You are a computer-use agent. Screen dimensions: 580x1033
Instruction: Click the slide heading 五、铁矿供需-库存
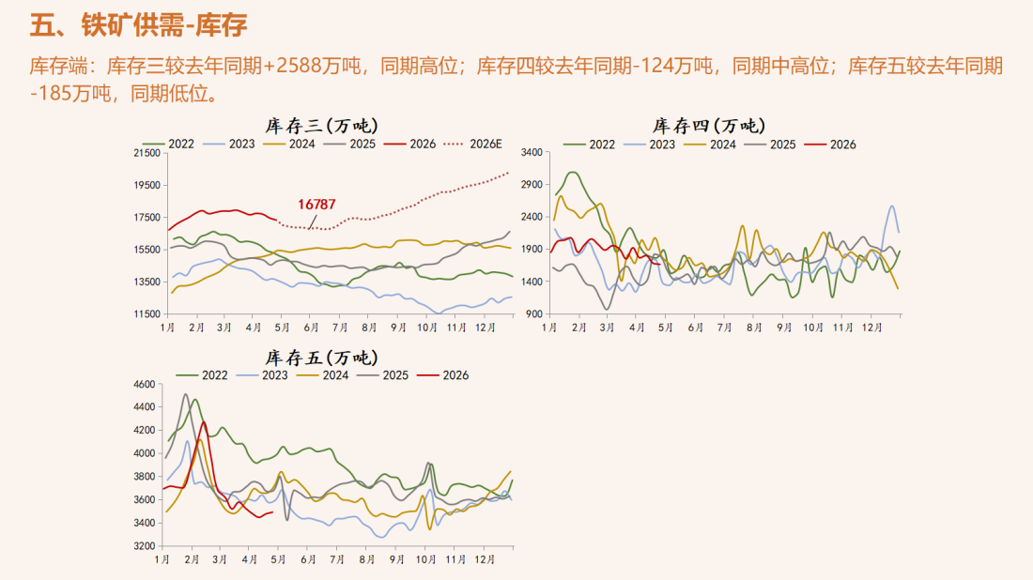pos(139,25)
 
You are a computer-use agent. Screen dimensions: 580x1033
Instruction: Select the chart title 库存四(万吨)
pos(708,125)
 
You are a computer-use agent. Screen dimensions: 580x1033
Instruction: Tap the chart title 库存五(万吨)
pos(322,358)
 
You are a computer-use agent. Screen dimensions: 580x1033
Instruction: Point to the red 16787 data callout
pos(317,204)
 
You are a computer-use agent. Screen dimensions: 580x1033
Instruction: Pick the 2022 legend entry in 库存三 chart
pos(174,144)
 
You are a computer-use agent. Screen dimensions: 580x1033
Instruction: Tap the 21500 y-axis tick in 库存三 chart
pos(147,153)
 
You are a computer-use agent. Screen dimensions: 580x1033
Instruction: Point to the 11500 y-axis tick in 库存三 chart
pos(147,313)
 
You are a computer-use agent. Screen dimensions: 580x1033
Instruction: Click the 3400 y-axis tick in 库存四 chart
pos(532,152)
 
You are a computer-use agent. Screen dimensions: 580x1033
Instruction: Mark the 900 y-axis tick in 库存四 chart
pos(534,313)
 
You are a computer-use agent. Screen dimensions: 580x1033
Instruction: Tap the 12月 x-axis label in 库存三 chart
pos(486,326)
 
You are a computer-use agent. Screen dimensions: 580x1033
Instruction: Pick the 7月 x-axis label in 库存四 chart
pos(724,327)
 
